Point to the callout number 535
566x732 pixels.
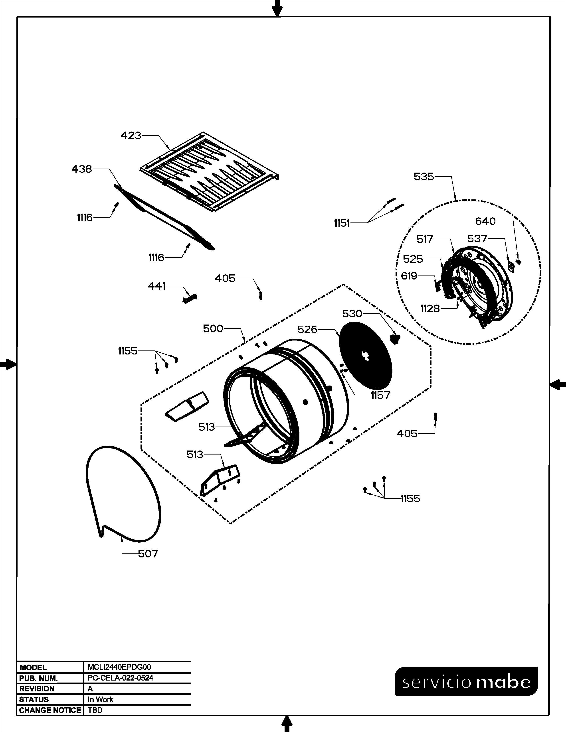424,177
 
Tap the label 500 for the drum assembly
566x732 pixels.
213,329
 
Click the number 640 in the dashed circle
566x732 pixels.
485,221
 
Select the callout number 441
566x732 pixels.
156,286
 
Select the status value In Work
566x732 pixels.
100,699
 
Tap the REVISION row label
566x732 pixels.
37,689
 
